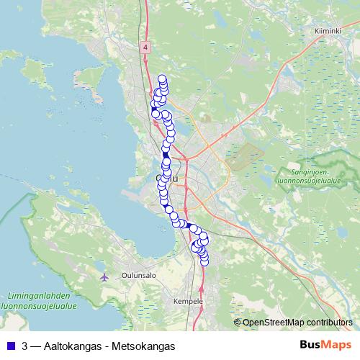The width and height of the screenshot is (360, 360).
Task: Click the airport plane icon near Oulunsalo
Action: click(105, 276)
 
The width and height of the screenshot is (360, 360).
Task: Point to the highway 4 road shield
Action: click(145, 47)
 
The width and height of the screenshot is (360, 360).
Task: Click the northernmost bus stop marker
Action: click(162, 79)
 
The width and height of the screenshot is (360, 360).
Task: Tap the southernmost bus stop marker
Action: click(204, 261)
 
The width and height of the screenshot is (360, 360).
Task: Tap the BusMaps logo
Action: click(325, 345)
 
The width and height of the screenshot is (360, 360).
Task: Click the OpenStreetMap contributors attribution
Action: click(298, 323)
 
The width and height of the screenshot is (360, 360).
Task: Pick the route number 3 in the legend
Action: click(25, 346)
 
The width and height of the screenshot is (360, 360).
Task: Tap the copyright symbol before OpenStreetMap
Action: click(238, 323)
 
